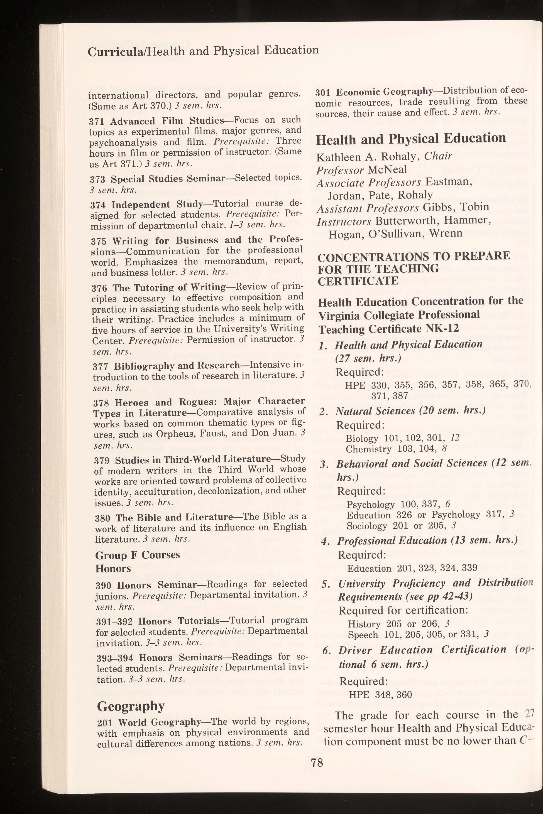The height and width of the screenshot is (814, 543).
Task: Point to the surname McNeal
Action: (387, 169)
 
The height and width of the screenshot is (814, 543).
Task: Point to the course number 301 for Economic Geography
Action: (324, 92)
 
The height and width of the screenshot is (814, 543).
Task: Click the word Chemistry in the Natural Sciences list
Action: (368, 449)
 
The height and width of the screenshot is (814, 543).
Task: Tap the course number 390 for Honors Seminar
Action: (104, 585)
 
